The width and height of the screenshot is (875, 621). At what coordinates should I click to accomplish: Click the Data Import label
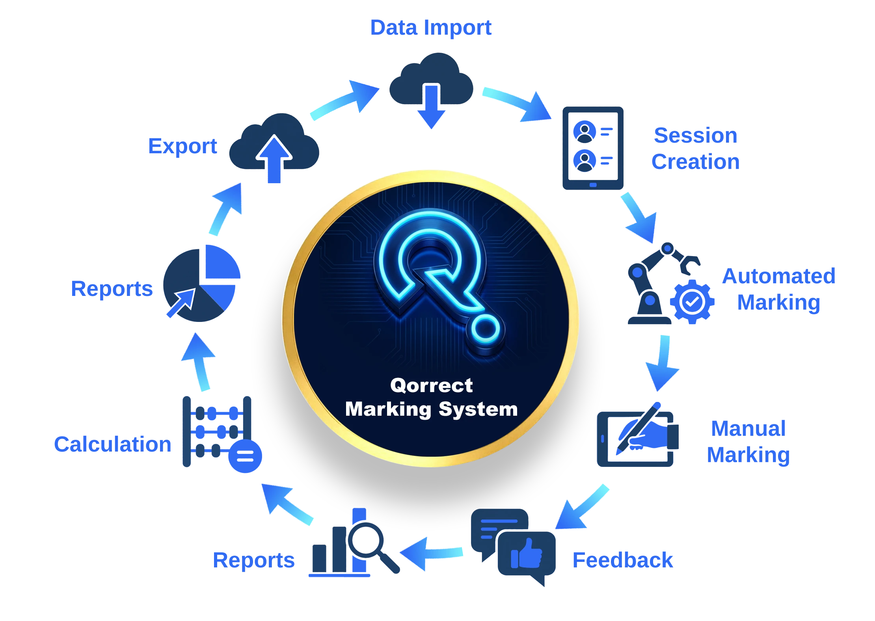[430, 28]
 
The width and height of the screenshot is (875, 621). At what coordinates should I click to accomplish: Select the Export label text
[183, 147]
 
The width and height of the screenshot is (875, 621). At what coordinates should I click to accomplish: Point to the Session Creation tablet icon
[593, 149]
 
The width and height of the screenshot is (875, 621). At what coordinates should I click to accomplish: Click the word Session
[695, 136]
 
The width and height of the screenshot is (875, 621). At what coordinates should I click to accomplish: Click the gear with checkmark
[692, 301]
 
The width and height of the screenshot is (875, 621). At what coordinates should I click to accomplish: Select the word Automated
[779, 276]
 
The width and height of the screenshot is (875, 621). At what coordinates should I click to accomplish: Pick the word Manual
[748, 429]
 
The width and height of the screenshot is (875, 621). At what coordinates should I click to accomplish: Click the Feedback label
[623, 560]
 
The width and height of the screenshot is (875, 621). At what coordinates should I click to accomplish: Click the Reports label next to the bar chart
[253, 560]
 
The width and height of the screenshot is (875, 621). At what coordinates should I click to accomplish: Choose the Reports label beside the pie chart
[112, 289]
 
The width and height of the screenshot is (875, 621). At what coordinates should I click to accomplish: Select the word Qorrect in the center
[431, 385]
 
